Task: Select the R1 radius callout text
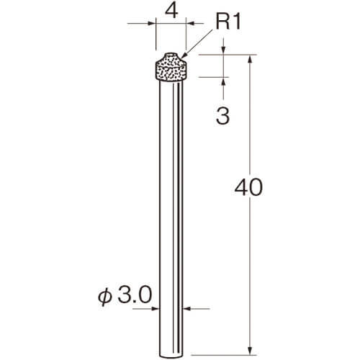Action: [x=228, y=22]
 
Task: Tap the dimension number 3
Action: [x=222, y=116]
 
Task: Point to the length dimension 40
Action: [x=248, y=187]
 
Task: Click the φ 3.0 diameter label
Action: [x=125, y=295]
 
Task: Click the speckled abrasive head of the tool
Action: [x=171, y=67]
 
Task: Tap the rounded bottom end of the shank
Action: [x=171, y=356]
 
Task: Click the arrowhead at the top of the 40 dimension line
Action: [x=251, y=59]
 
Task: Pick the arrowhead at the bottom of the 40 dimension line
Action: [x=251, y=351]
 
